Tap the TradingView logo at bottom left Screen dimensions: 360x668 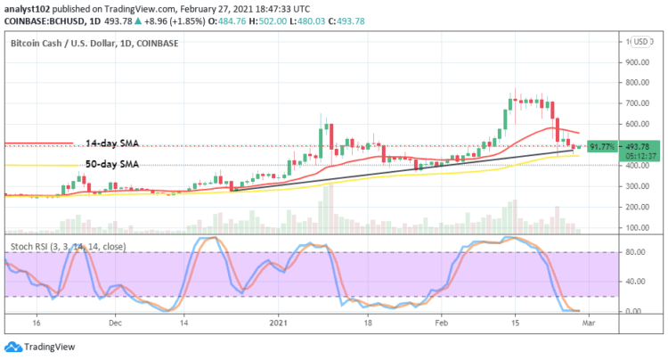(42, 348)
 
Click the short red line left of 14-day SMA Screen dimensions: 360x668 (37, 143)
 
